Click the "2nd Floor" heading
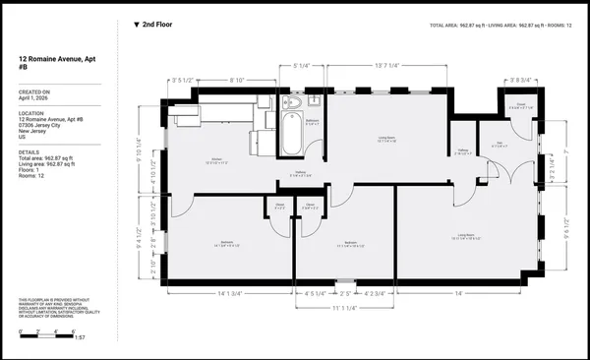point(160,25)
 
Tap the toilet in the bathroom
point(292,102)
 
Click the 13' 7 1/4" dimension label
point(385,66)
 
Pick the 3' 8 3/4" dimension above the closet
point(520,80)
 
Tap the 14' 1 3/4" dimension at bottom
point(230,292)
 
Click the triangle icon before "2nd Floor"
point(136,25)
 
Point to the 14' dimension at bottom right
point(457,292)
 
